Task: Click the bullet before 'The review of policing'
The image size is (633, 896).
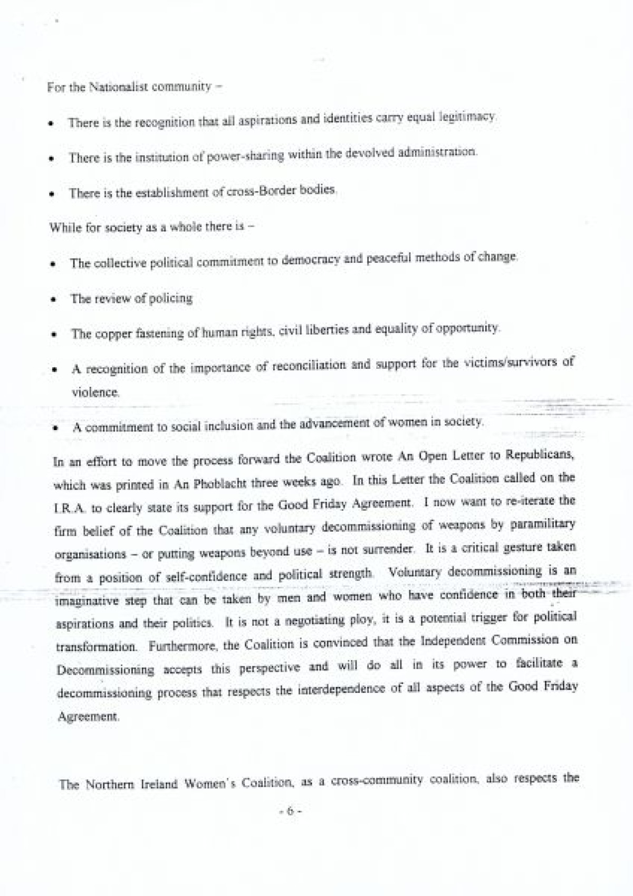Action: click(53, 299)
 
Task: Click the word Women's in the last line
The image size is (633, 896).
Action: click(211, 784)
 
